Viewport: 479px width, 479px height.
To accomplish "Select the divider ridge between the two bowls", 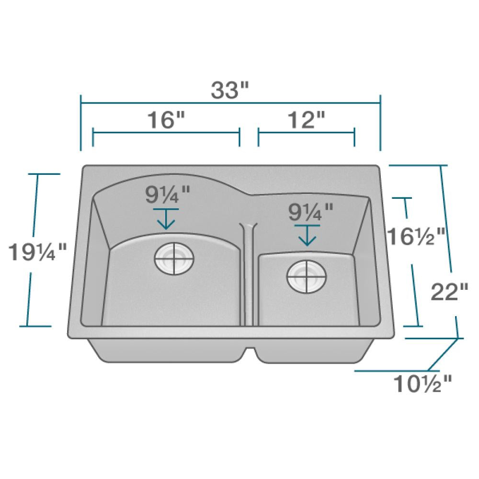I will (x=249, y=273).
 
